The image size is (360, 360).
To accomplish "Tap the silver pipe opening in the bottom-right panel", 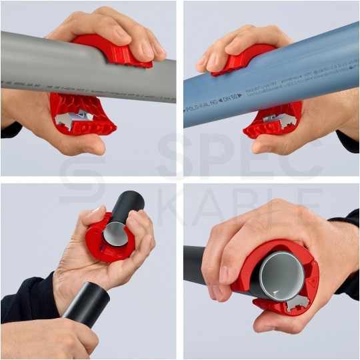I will pos(281,273).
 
